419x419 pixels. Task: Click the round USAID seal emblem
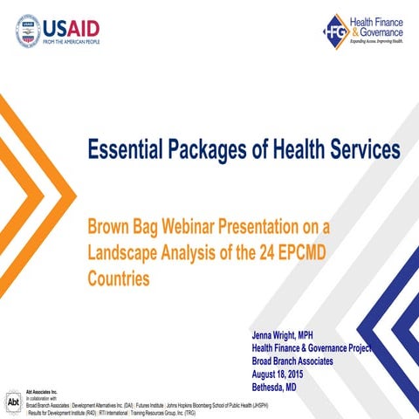(29, 31)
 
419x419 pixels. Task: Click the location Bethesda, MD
(276, 385)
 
